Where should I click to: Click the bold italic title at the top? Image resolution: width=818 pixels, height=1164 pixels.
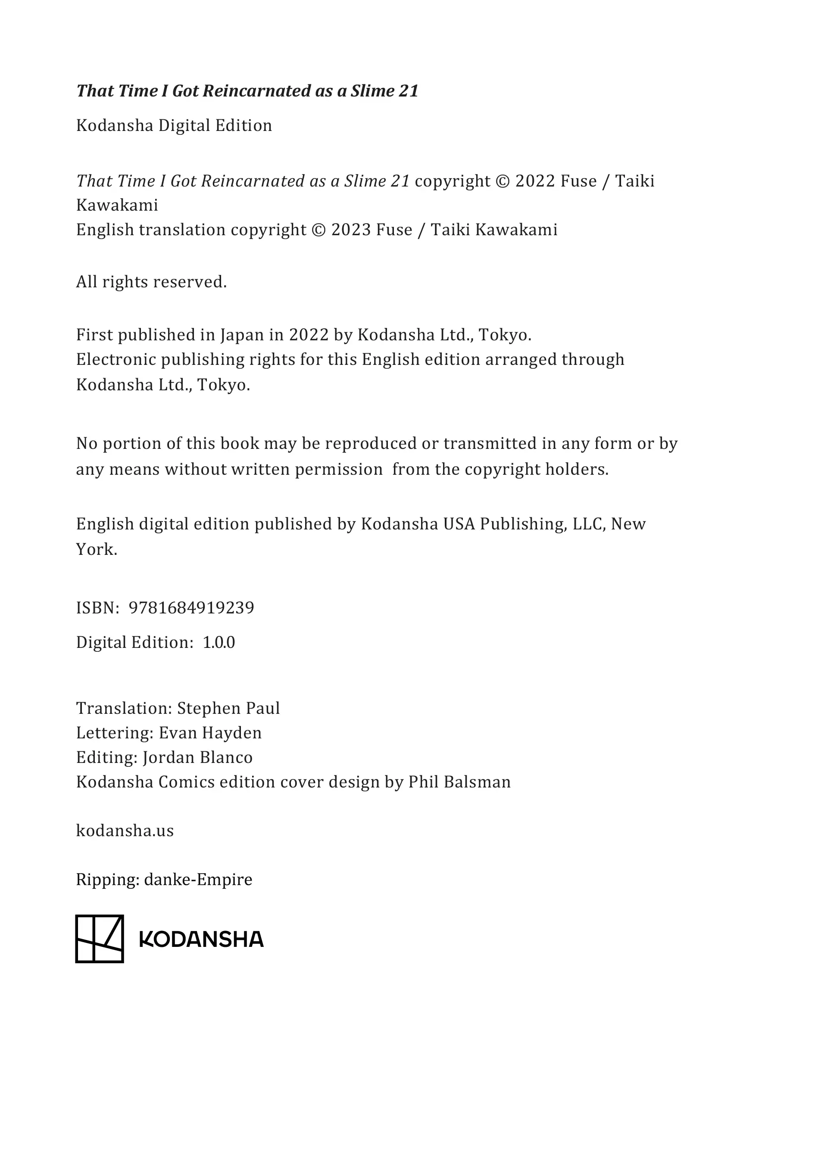click(x=247, y=91)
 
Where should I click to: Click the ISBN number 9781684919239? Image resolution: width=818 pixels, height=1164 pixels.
click(x=191, y=607)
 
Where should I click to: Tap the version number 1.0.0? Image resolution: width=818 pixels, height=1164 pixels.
click(x=219, y=642)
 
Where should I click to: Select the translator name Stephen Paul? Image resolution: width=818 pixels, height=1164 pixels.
click(x=228, y=708)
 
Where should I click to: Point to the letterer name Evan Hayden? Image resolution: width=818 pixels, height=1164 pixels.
click(x=210, y=733)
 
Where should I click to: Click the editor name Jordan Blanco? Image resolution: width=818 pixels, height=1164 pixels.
click(x=197, y=757)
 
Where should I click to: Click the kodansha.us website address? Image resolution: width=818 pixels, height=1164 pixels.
click(x=125, y=831)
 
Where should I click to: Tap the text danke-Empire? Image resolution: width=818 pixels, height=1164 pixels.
click(x=198, y=879)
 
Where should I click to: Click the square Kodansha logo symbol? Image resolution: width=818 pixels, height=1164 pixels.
click(x=100, y=939)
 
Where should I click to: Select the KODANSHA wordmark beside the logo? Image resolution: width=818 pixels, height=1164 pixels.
click(x=201, y=940)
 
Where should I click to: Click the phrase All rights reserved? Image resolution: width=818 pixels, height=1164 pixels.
click(x=151, y=282)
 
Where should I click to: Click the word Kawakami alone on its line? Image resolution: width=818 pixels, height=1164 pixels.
click(x=117, y=205)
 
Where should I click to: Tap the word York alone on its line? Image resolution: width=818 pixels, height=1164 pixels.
click(x=97, y=550)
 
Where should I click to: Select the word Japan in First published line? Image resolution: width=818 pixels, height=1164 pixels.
click(x=239, y=335)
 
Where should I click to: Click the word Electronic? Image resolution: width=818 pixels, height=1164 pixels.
click(x=116, y=359)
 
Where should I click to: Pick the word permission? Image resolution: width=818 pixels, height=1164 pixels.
click(x=339, y=470)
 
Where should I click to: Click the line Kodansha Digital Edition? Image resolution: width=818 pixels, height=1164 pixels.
click(x=174, y=125)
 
